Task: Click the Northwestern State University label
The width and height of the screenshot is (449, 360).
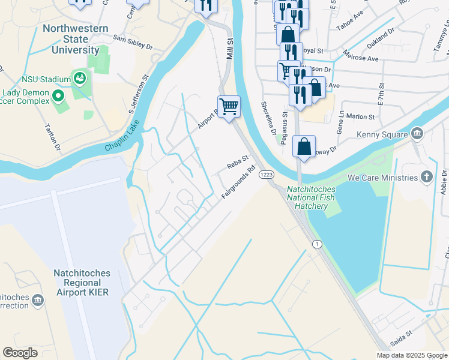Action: click(x=75, y=40)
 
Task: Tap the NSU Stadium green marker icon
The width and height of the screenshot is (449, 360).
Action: click(x=79, y=77)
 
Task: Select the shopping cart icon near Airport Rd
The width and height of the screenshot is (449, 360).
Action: click(x=229, y=107)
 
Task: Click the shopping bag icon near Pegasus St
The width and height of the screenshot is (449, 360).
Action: click(x=304, y=146)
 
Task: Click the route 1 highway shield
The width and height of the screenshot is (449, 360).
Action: click(x=316, y=243)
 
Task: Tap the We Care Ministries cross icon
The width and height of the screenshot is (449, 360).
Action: click(x=426, y=177)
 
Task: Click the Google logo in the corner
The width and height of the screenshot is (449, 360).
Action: click(x=20, y=352)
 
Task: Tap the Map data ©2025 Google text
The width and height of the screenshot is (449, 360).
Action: click(x=412, y=355)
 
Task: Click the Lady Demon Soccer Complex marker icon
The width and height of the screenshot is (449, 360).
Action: click(x=58, y=95)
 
